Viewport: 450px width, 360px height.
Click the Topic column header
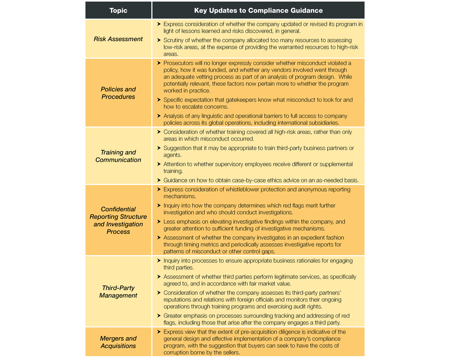click(x=118, y=11)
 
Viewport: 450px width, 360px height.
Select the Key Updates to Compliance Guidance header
click(x=258, y=11)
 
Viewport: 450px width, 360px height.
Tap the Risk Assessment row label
click(x=118, y=39)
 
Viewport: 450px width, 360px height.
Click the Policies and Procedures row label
click(x=118, y=93)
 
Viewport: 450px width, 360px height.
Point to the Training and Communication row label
click(x=118, y=156)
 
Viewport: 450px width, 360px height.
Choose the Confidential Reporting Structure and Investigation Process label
click(x=118, y=220)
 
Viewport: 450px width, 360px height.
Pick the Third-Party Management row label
click(x=118, y=291)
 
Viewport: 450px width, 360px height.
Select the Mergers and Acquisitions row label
click(x=118, y=342)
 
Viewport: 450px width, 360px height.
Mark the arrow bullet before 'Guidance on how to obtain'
click(x=159, y=180)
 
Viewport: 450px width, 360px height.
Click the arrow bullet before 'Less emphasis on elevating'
click(x=159, y=222)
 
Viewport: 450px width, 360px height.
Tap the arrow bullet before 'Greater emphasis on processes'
click(x=159, y=316)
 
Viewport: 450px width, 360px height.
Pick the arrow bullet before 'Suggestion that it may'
click(x=159, y=148)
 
